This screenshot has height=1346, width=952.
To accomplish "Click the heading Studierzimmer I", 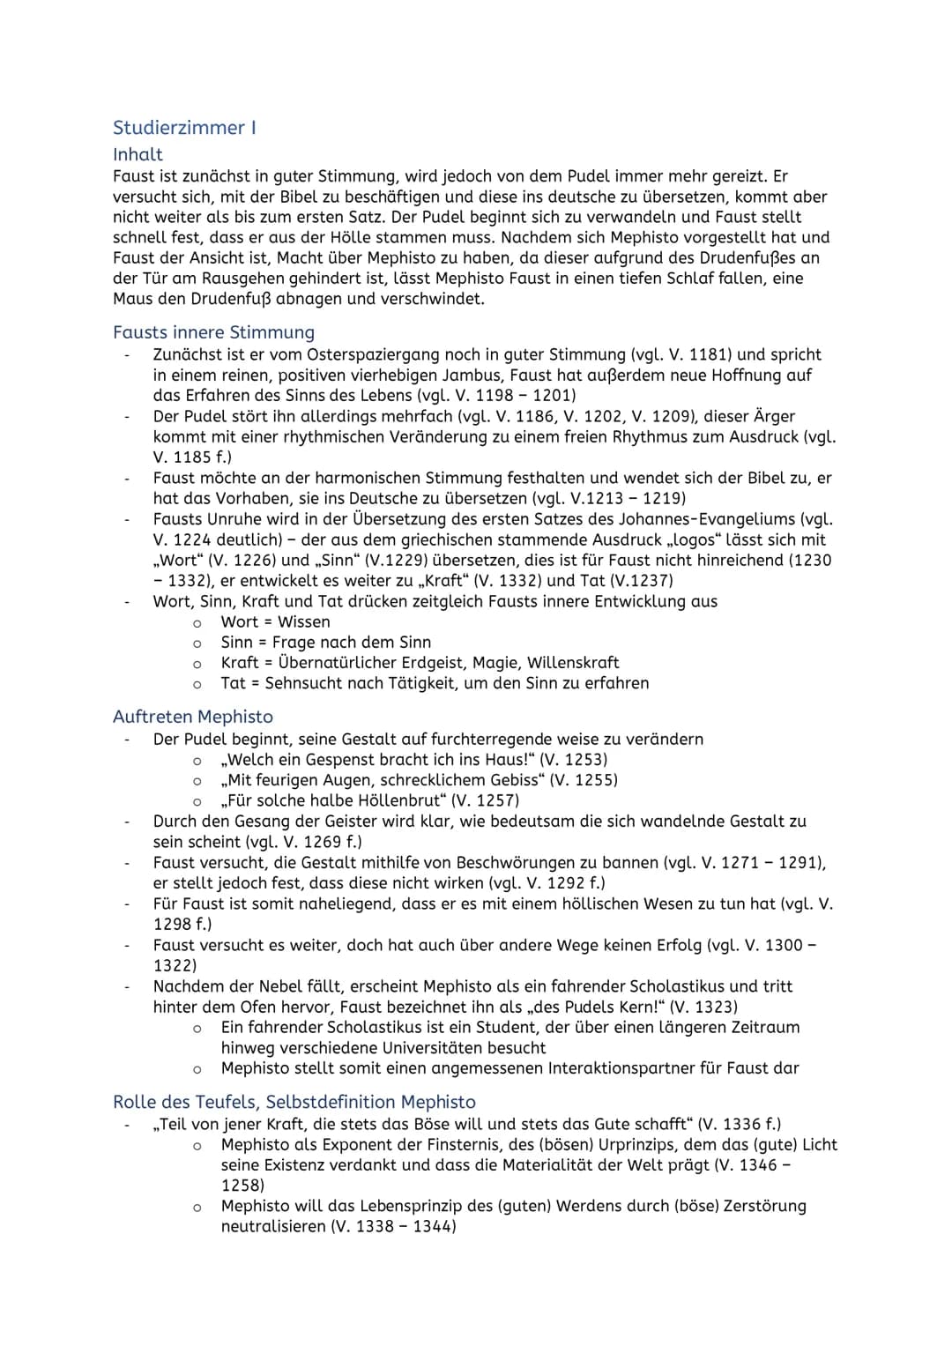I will coord(184,128).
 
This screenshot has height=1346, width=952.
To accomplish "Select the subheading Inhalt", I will coord(138,154).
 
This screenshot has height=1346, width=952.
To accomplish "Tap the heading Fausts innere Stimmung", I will coord(213,332).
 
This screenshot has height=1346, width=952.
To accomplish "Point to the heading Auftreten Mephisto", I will coord(193,717).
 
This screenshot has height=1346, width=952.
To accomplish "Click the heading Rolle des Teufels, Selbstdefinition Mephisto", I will coord(294,1102).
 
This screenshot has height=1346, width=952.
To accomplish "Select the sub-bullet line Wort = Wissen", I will coord(275,621).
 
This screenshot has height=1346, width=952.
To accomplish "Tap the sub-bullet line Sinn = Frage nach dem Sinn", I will coord(325,642).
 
